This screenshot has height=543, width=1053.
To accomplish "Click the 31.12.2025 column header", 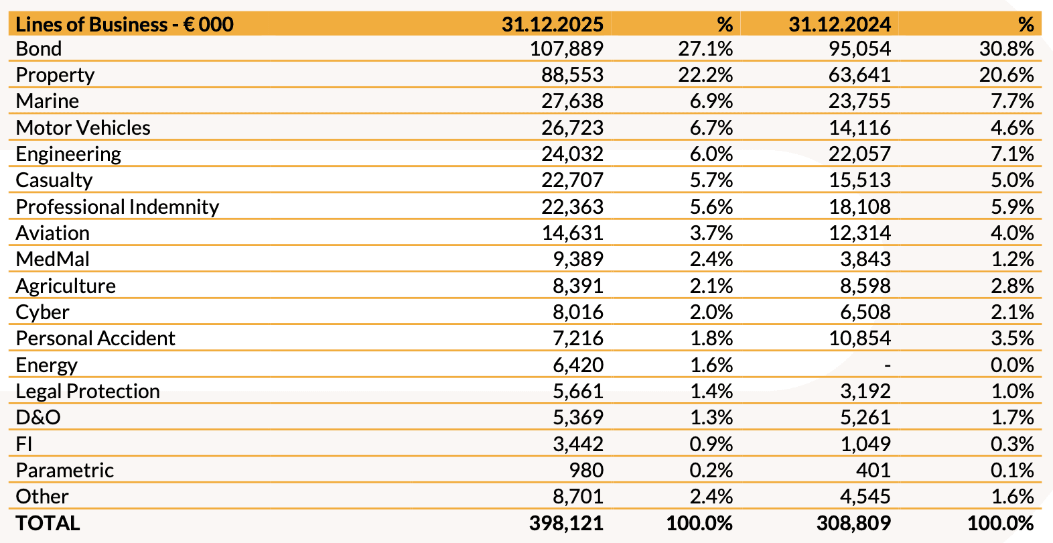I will coord(553,25).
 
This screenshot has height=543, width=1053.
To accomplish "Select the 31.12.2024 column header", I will coord(839,25).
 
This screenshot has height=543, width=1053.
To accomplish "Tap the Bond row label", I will coord(39,49).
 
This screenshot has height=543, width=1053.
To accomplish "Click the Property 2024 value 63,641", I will coord(859,75).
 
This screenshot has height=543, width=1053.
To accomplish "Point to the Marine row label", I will coord(48,101).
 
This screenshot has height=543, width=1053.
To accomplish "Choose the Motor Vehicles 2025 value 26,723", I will coord(572,127).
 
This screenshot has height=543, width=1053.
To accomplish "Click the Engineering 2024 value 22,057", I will coord(859,154).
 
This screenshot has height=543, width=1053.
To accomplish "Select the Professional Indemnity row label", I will coord(117,206).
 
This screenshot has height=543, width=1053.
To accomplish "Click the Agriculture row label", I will coord(66,286).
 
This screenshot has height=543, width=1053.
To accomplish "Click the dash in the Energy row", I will coord(887,365).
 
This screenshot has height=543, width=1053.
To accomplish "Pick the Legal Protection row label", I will coord(88,391).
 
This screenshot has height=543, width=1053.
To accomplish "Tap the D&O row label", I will coord(38,418).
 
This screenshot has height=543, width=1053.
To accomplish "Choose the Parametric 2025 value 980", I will coord(586,470).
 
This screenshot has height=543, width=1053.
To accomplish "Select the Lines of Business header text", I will coord(125,25).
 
